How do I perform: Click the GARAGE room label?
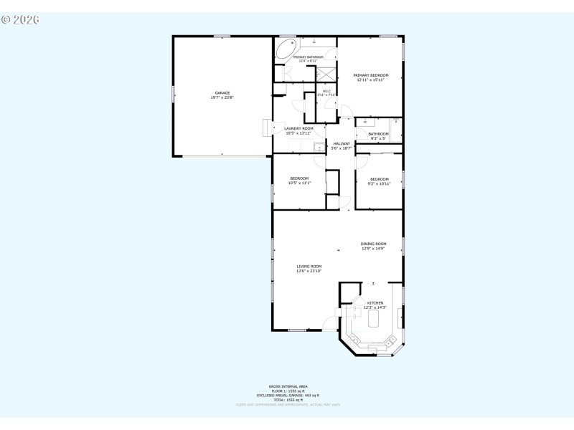222,92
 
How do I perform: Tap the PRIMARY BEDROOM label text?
371,75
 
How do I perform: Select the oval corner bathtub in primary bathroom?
286,49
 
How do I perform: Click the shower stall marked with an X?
326,74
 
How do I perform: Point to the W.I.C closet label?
326,91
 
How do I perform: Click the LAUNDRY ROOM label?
298,128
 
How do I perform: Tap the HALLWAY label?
342,143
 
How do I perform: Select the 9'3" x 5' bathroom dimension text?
378,138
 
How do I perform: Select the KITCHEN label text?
375,303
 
